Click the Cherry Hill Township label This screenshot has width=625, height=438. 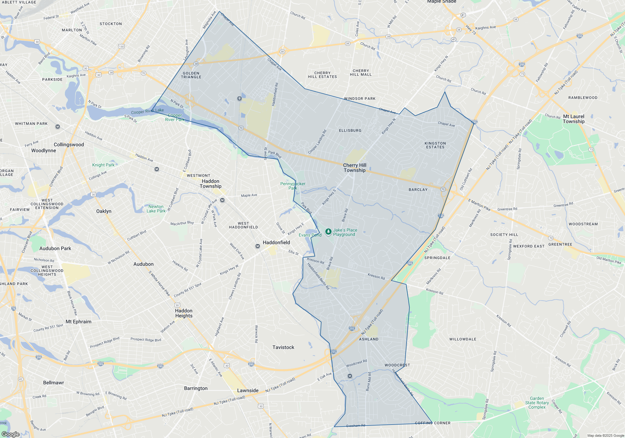tap(355, 168)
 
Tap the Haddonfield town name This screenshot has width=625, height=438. tap(276, 242)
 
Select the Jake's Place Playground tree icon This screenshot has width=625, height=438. tap(328, 232)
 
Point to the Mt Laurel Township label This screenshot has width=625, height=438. tap(573, 119)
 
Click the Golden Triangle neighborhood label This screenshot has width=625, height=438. tap(191, 75)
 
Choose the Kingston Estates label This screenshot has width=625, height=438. tap(435, 145)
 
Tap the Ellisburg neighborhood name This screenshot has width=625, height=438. tap(350, 130)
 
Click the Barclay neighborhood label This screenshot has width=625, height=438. tap(418, 190)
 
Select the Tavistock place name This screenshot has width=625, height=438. tap(283, 347)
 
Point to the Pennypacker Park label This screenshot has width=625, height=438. tap(293, 186)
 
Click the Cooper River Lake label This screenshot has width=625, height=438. tap(147, 111)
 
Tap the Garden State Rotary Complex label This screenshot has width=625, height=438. tap(537, 403)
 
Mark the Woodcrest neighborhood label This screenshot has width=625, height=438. tap(397, 365)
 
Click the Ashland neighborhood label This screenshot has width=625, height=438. tap(369, 339)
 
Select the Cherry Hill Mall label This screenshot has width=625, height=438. tap(361, 73)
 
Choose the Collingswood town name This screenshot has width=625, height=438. tap(69, 145)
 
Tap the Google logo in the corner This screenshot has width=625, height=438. tap(11, 434)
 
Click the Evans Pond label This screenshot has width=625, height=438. tap(310, 235)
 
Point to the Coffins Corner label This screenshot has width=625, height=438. tap(433, 423)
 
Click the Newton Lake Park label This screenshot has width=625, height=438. tap(156, 209)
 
